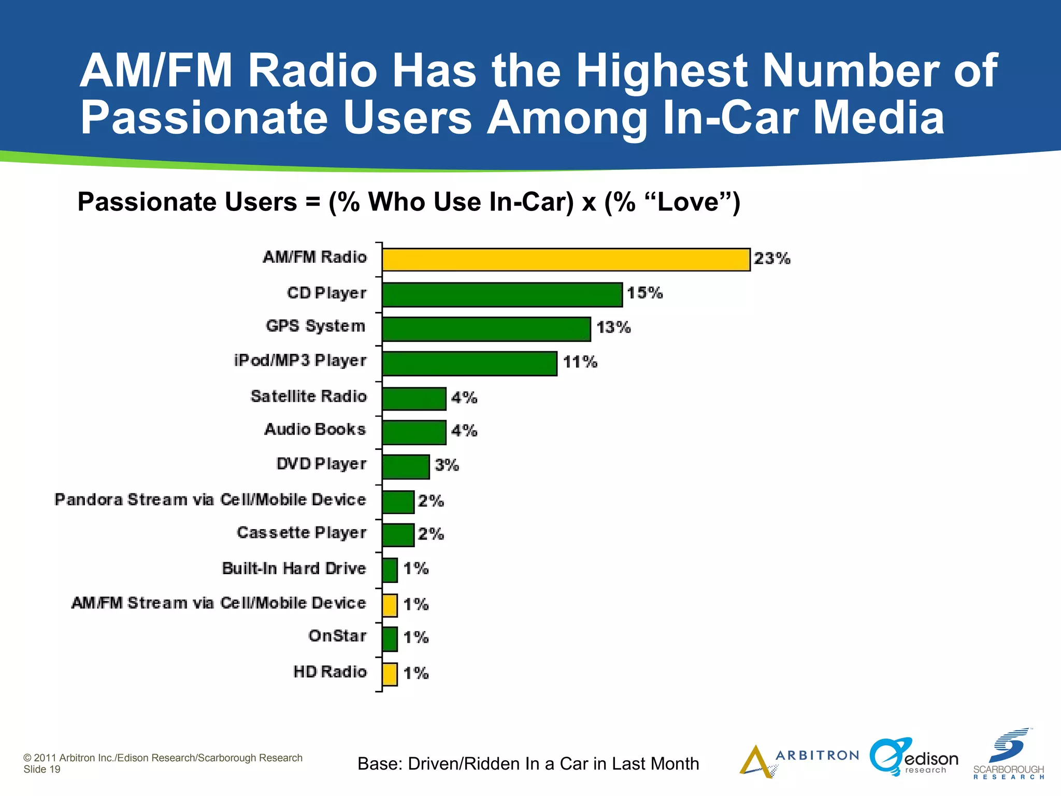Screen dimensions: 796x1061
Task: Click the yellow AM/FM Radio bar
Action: [566, 260]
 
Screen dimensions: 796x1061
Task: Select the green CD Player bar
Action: [502, 295]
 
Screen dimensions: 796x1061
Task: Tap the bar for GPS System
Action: [486, 329]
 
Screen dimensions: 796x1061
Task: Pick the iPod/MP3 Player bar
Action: [469, 363]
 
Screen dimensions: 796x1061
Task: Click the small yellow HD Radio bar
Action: [390, 674]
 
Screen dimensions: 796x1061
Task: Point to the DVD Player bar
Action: [406, 467]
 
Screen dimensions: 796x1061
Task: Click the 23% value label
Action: [772, 259]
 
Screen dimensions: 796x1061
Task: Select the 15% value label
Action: [644, 293]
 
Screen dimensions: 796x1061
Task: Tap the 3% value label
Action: [447, 465]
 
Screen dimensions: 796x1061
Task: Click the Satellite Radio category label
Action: [309, 396]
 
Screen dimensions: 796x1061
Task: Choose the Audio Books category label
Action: [315, 430]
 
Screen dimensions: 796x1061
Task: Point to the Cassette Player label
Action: [302, 533]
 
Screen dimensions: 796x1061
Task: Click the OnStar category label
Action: [337, 636]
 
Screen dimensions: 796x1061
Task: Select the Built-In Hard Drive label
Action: [294, 568]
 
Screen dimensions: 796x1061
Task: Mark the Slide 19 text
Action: [42, 770]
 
